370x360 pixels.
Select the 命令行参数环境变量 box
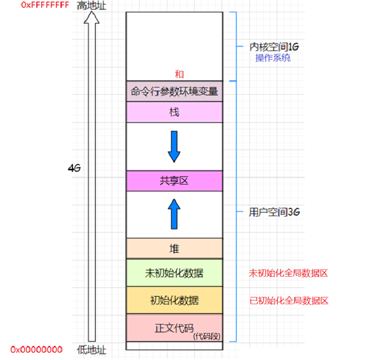[x=174, y=92]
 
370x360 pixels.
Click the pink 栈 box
[x=174, y=113]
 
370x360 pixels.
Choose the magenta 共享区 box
[x=174, y=181]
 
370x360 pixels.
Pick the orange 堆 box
[x=174, y=248]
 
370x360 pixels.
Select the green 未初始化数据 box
[x=174, y=272]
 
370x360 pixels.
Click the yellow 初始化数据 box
[x=174, y=300]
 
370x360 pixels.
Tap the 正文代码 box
[x=174, y=328]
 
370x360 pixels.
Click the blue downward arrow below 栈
[x=174, y=146]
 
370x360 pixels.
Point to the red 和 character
[x=179, y=74]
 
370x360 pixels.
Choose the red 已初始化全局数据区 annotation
[x=288, y=301]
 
